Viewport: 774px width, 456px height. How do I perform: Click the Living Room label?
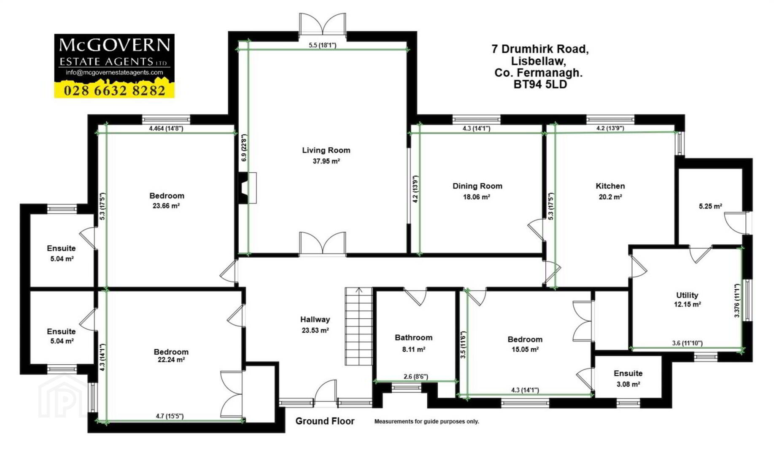tap(326, 150)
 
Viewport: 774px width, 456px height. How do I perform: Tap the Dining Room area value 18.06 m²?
tap(477, 197)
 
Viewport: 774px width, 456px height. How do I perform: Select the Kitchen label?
tap(610, 186)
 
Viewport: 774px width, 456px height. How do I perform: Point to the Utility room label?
tap(687, 295)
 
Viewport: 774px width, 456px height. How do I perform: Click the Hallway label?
tap(315, 320)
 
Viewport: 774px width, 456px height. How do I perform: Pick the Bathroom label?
tap(413, 337)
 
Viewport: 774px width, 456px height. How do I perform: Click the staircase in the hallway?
tap(359, 326)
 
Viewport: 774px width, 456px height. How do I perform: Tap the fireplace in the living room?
tap(247, 188)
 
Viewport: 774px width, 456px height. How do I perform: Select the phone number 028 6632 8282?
tap(114, 90)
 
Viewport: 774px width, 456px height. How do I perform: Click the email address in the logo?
tap(114, 73)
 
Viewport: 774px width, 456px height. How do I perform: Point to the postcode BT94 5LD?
tap(540, 84)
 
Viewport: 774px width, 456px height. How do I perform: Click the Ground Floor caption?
tap(325, 421)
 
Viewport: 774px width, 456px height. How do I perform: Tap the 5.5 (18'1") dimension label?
tap(322, 45)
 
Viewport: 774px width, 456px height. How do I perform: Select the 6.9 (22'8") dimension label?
tap(243, 148)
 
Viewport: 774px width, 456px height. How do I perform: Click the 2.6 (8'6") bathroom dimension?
tap(415, 377)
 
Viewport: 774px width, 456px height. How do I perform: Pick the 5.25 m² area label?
tap(710, 206)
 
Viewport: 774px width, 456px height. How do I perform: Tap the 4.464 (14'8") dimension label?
tap(166, 128)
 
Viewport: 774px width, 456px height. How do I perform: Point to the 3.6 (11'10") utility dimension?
tap(687, 343)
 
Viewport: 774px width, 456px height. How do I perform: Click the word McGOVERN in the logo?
tap(114, 44)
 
